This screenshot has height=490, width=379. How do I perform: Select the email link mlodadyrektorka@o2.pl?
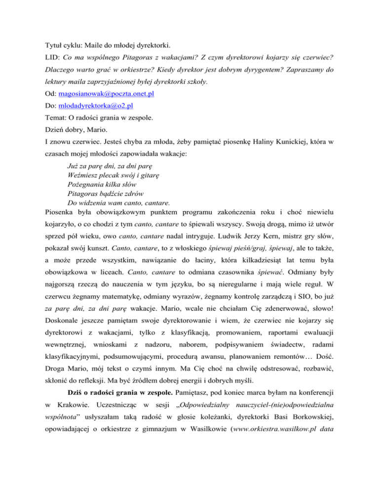pos(95,106)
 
